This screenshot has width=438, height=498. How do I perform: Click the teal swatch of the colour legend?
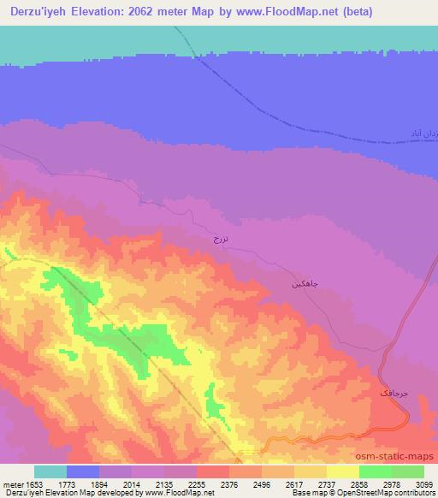tap(50, 471)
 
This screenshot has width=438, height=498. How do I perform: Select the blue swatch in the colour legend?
tap(83, 471)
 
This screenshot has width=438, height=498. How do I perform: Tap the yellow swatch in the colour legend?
tap(343, 471)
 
